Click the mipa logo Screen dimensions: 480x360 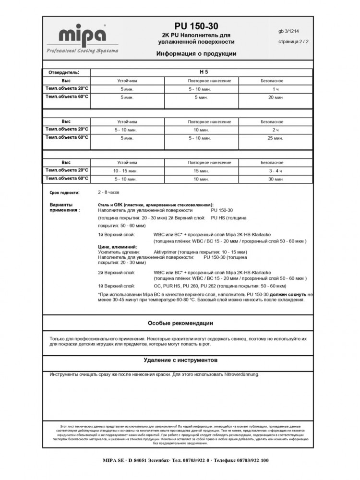[82, 36]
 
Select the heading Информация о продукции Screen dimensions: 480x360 [196, 54]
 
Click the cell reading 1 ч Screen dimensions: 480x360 [276, 89]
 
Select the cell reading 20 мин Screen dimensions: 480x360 [276, 97]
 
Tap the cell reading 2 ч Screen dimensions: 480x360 [276, 130]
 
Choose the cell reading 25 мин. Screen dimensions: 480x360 [276, 138]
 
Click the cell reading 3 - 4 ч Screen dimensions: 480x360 [276, 171]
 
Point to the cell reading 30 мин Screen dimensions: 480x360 [276, 179]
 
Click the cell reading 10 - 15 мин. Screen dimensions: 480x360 [124, 171]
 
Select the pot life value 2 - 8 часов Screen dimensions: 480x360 [108, 192]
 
